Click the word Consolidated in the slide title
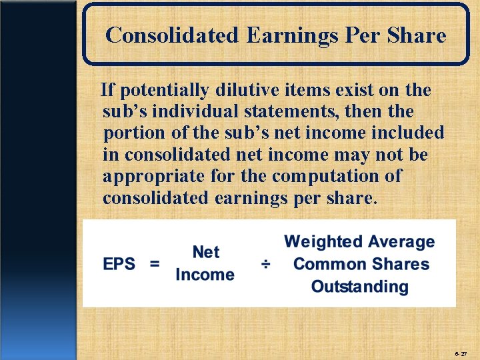172,35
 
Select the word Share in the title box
419,35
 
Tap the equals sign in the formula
155,264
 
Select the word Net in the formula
205,252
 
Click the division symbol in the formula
265,265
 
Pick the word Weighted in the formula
323,241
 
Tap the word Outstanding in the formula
360,287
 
